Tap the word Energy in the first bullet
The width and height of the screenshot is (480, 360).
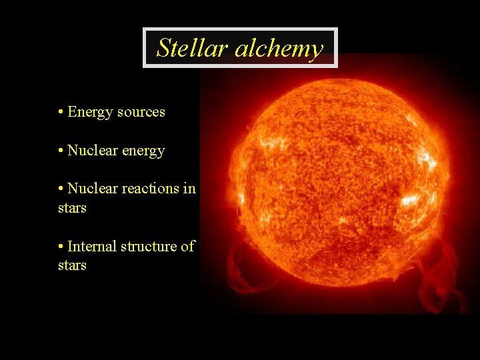90,112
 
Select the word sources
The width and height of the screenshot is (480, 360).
141,112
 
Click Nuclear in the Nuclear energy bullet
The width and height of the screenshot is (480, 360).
92,151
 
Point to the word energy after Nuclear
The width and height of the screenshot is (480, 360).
143,151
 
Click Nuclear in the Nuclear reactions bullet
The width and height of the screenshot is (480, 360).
92,189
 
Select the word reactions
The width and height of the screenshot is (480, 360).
149,189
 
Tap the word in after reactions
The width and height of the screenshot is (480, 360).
189,189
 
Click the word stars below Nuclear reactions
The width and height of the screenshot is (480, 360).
72,208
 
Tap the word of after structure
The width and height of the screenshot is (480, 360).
188,247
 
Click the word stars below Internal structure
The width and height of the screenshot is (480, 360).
72,265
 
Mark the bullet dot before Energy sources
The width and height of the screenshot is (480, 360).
61,112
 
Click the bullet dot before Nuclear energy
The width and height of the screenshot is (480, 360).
61,151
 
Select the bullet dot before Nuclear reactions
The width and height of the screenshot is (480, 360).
61,189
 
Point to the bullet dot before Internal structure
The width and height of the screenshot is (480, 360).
61,247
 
